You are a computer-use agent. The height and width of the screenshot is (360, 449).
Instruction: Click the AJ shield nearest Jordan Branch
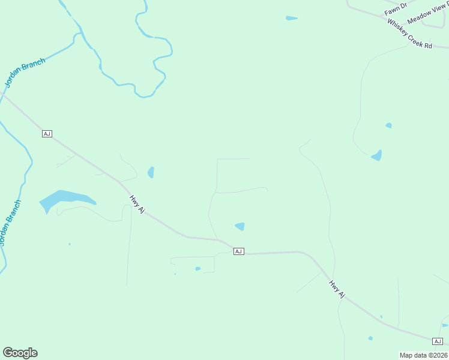pyautogui.click(x=47, y=133)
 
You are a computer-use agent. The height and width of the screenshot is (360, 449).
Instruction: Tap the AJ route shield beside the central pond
pyautogui.click(x=238, y=251)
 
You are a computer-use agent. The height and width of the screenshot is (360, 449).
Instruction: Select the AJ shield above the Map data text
pyautogui.click(x=437, y=341)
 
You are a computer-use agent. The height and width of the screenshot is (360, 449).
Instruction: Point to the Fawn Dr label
pyautogui.click(x=396, y=8)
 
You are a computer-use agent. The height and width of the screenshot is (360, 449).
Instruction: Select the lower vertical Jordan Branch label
pyautogui.click(x=10, y=222)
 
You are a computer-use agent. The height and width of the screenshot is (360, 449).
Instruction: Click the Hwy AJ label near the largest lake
pyautogui.click(x=137, y=204)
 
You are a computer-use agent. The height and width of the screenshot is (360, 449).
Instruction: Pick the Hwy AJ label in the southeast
pyautogui.click(x=337, y=289)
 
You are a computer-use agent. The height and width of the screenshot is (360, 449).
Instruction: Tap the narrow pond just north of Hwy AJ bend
pyautogui.click(x=151, y=172)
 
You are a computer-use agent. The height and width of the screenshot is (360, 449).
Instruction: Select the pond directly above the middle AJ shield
pyautogui.click(x=240, y=226)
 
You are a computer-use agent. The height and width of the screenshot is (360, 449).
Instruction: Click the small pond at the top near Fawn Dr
pyautogui.click(x=292, y=19)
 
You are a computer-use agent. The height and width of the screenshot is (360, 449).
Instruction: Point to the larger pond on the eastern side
pyautogui.click(x=377, y=155)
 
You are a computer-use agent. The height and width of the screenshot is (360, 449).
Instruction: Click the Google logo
pyautogui.click(x=20, y=353)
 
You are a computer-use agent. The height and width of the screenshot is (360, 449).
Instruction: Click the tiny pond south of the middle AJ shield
pyautogui.click(x=197, y=269)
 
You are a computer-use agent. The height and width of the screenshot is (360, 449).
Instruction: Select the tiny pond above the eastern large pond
pyautogui.click(x=388, y=125)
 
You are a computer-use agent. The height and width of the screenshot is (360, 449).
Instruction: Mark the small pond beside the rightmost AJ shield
pyautogui.click(x=445, y=325)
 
